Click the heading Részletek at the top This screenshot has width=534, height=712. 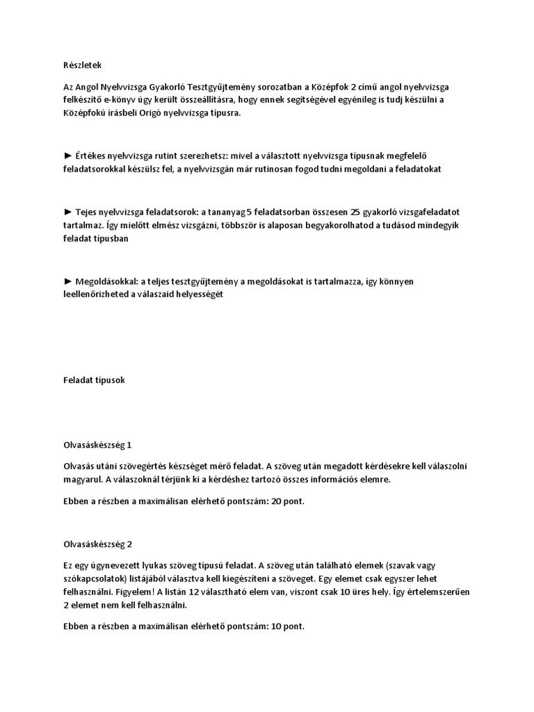coord(82,65)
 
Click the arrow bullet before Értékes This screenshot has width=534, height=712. coord(67,155)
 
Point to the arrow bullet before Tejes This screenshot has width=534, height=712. coord(67,211)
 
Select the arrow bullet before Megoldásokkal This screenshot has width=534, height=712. coord(67,281)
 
